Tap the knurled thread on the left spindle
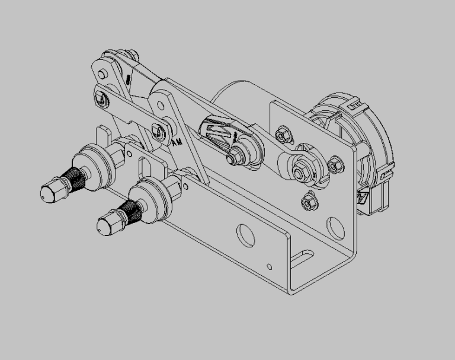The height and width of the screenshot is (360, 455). pos(71,176)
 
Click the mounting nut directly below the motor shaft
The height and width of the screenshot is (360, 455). pos(307,202)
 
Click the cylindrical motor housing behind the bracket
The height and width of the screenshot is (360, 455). pos(237,98)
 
